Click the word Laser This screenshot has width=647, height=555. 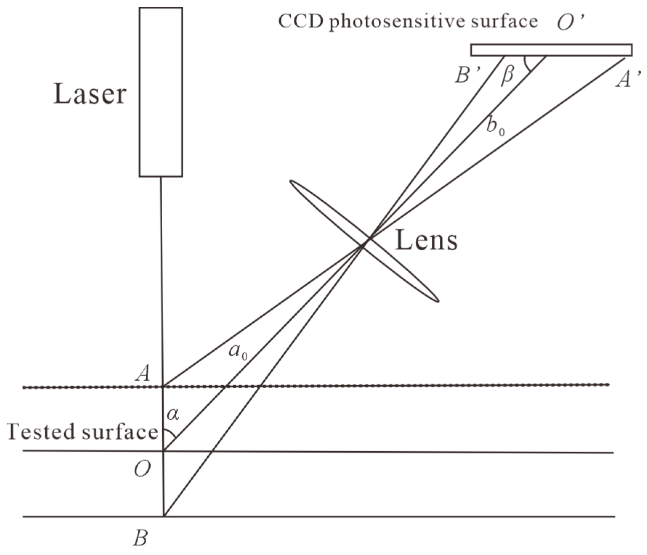pyautogui.click(x=90, y=94)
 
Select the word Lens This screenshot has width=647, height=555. pyautogui.click(x=426, y=240)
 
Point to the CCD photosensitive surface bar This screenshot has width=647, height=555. pyautogui.click(x=551, y=50)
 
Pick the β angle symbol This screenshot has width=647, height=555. pyautogui.click(x=507, y=77)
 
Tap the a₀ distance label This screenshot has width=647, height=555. pyautogui.click(x=238, y=351)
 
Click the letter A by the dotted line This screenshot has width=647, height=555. pyautogui.click(x=143, y=373)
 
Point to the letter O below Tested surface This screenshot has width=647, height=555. pyautogui.click(x=142, y=470)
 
